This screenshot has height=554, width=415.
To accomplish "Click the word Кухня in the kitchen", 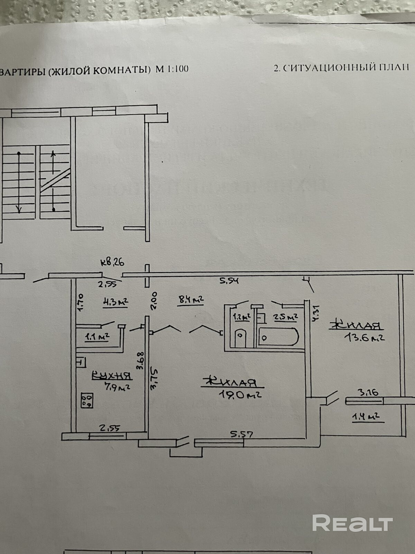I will [111, 376].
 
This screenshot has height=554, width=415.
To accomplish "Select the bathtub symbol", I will [279, 337].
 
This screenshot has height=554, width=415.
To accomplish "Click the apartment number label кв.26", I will [112, 263].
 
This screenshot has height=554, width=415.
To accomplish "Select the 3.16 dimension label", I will [368, 393].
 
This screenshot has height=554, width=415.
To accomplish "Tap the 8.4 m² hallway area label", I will [190, 300].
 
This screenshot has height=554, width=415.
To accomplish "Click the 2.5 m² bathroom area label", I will [286, 317].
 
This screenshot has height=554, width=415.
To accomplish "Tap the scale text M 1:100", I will [172, 69].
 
